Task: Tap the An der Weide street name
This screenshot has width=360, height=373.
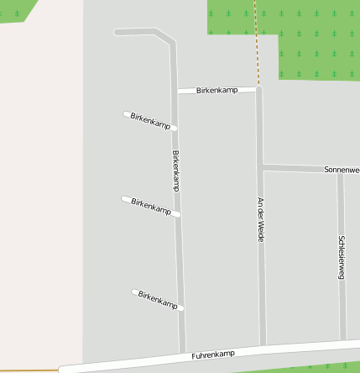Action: [x=261, y=219]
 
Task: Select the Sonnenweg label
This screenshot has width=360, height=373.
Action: [x=342, y=170]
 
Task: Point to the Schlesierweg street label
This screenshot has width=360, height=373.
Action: [x=342, y=256]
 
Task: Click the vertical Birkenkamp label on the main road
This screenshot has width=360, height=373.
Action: [x=175, y=171]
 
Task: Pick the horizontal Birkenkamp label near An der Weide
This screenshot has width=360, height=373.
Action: [x=217, y=89]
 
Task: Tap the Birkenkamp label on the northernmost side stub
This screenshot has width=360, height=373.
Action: [x=151, y=120]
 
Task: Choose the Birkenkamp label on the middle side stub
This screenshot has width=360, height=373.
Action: [x=152, y=206]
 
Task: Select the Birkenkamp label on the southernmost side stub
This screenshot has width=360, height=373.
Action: [x=158, y=299]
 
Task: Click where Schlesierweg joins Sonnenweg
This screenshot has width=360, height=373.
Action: [x=340, y=171]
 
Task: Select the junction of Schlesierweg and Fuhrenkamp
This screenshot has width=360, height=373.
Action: [x=343, y=342]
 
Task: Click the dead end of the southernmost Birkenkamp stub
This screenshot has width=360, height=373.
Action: [x=134, y=292]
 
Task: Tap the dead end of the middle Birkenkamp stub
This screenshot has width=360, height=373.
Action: [x=125, y=199]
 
